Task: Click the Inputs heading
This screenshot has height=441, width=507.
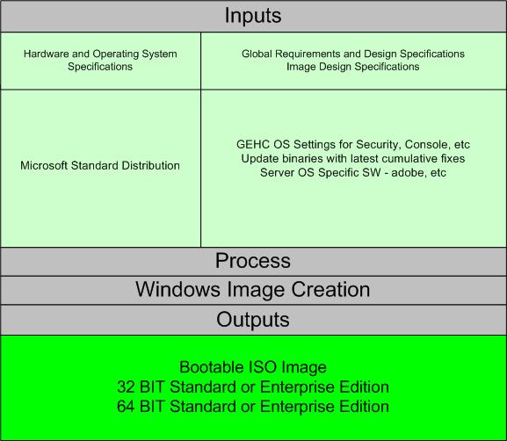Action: coord(253,16)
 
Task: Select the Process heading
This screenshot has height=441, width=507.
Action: coord(253,261)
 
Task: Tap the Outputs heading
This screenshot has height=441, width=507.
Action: coord(253,320)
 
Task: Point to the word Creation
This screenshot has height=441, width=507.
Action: coord(330,289)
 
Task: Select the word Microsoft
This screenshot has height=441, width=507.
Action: coord(44,165)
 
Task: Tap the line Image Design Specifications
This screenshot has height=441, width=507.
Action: coord(352,67)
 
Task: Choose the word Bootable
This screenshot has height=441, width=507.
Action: coord(212,367)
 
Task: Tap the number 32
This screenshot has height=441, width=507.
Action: coord(126,387)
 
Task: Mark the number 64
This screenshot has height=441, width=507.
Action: coord(126,407)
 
